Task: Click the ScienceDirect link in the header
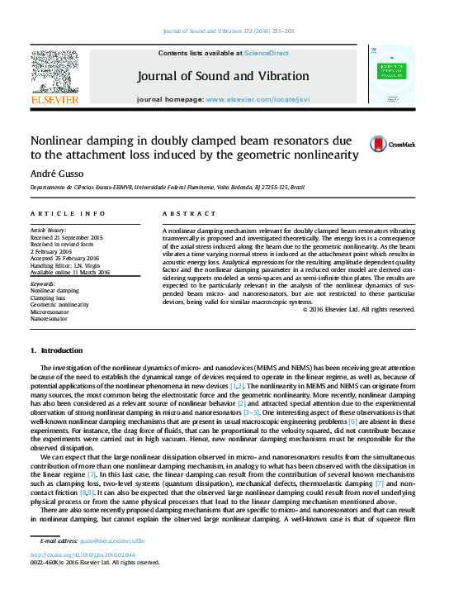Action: (x=266, y=53)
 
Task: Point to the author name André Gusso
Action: (x=53, y=173)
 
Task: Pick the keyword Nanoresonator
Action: (x=50, y=318)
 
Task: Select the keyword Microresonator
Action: (x=51, y=312)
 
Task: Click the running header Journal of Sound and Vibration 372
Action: (x=239, y=31)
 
